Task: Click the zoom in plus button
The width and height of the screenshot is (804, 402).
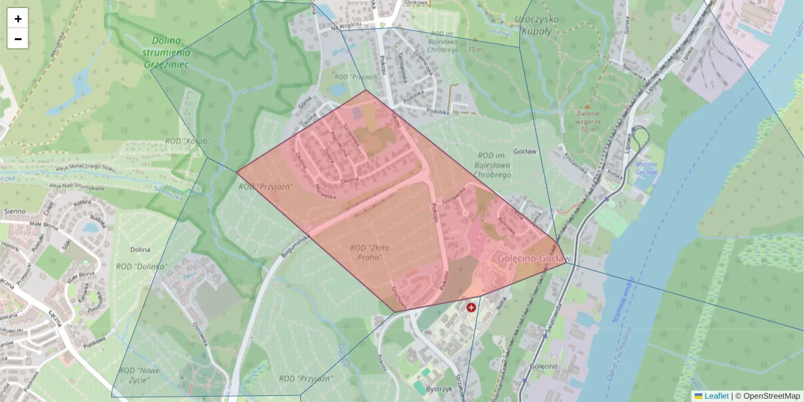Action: [18, 19]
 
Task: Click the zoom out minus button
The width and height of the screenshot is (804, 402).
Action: [18, 39]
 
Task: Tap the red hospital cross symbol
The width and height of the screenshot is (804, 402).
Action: [471, 307]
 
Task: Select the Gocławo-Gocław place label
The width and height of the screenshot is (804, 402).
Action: [534, 258]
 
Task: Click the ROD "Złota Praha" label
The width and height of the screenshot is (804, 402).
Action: [370, 252]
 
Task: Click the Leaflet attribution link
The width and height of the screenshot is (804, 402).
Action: [716, 396]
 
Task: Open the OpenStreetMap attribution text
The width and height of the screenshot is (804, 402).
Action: [771, 396]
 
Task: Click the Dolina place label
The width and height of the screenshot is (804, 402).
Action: [141, 249]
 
